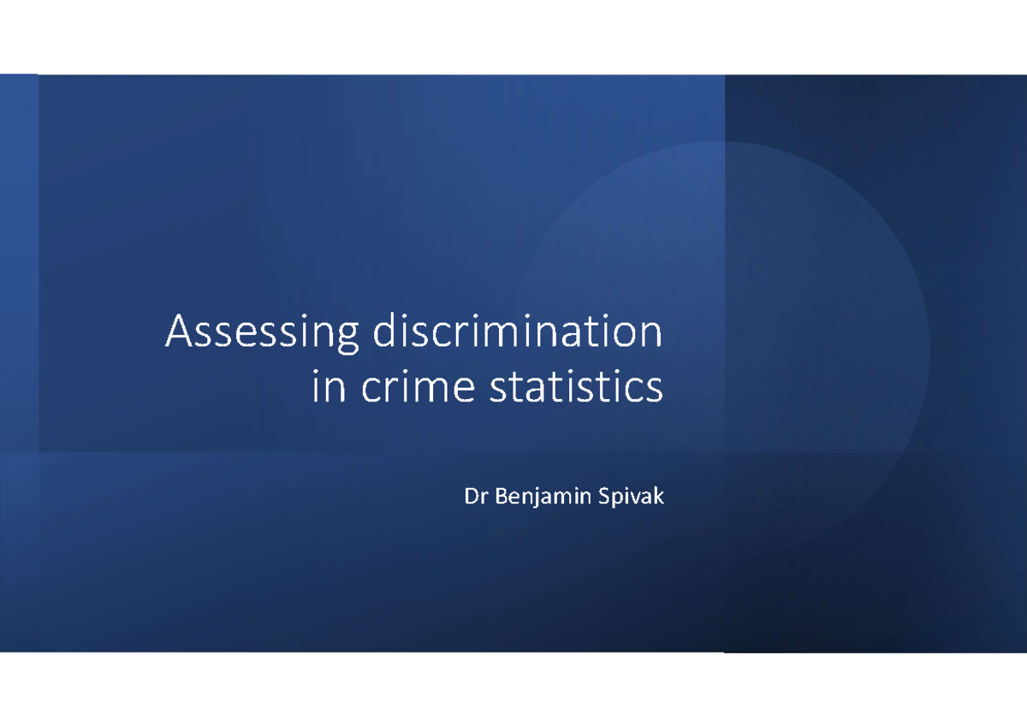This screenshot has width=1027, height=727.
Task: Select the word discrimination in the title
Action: click(517, 332)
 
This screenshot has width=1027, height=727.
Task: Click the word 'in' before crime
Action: click(326, 387)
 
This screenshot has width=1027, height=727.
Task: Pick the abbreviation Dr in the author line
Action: click(473, 497)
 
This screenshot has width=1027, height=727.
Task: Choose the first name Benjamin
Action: click(539, 498)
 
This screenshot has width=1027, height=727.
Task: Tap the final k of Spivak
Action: click(658, 497)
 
